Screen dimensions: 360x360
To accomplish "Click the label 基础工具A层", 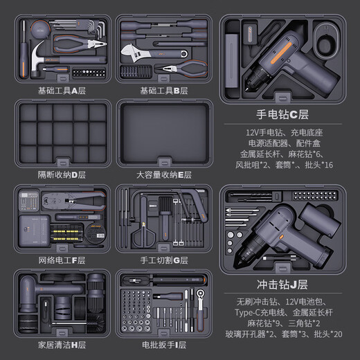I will (x=60, y=90).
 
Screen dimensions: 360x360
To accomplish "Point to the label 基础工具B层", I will (x=163, y=90).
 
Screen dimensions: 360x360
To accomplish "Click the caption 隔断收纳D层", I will (x=60, y=174).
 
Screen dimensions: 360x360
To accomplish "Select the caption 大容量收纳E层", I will (x=163, y=174).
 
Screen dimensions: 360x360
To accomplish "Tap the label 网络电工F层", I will (x=60, y=260).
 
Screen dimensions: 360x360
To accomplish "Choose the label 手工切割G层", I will (x=163, y=260).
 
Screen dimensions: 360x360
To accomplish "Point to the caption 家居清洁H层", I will (x=60, y=344).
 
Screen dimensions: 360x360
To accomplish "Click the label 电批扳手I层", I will (x=163, y=344).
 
